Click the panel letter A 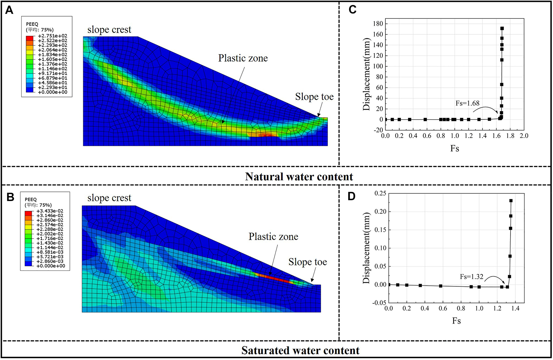click(x=9, y=10)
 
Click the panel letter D click(x=352, y=196)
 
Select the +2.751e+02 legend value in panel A click(x=52, y=36)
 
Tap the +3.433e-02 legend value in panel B click(x=50, y=211)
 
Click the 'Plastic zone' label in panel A click(x=243, y=58)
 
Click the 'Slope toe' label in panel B click(x=307, y=262)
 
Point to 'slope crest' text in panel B click(x=109, y=198)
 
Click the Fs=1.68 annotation click(x=467, y=103)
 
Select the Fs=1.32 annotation click(x=471, y=277)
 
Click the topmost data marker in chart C click(x=502, y=28)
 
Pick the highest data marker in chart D click(x=511, y=201)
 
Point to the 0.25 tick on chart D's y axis click(x=380, y=194)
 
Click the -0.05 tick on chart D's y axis click(x=379, y=303)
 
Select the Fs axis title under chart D click(x=456, y=321)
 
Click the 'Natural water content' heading click(x=299, y=177)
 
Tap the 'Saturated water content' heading click(x=300, y=350)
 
